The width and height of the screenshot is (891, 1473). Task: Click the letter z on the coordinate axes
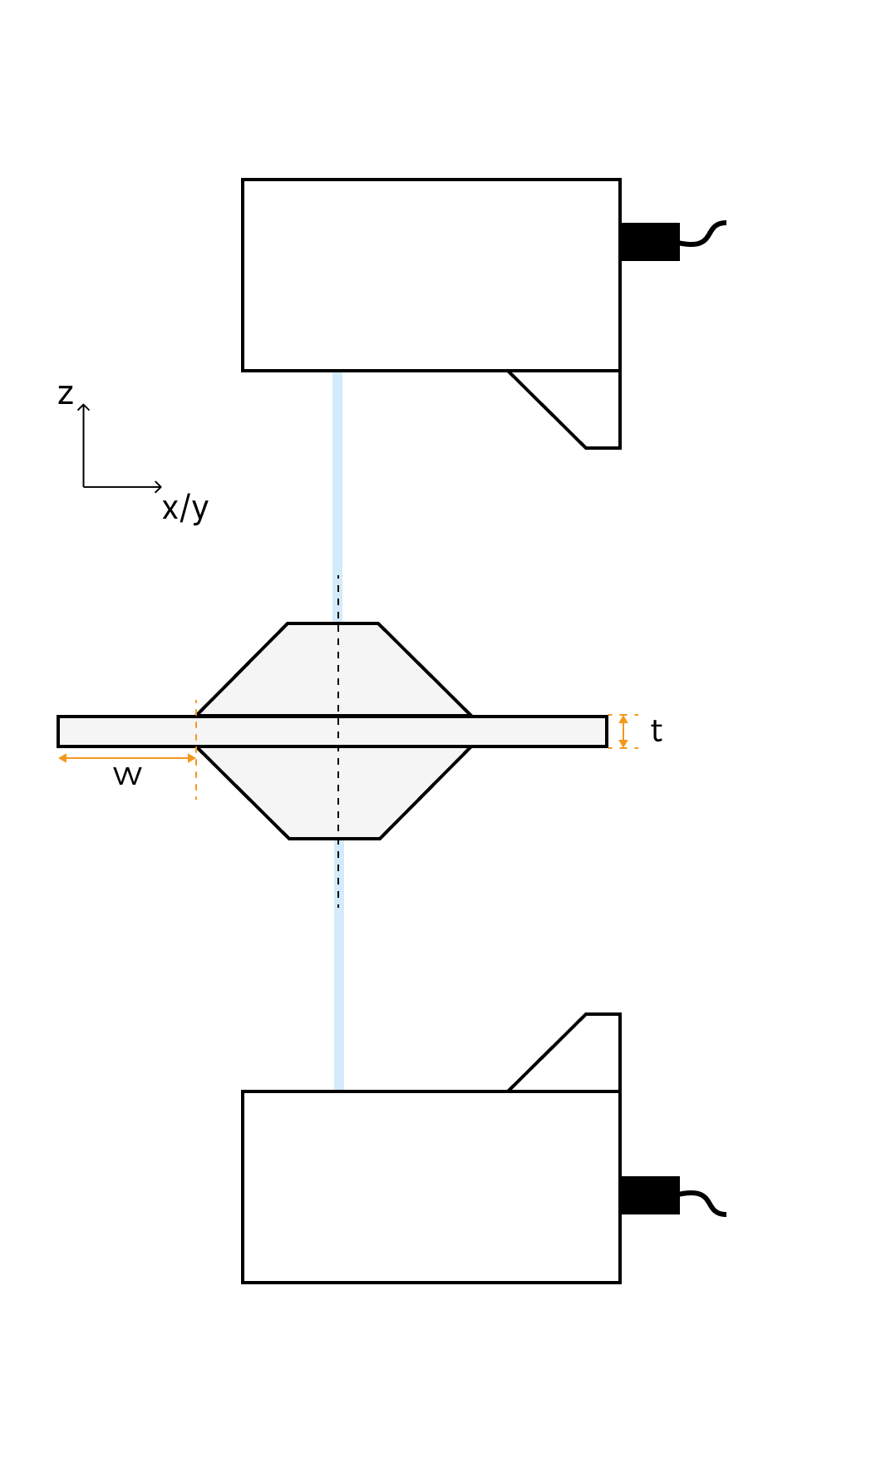(65, 394)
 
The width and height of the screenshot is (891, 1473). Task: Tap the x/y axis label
(185, 507)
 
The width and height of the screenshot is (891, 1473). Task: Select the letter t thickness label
(656, 732)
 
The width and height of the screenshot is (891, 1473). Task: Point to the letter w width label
(127, 776)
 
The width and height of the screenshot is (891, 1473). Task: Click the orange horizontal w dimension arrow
(126, 758)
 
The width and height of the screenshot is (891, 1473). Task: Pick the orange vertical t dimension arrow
(623, 732)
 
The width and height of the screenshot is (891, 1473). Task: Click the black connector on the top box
(650, 242)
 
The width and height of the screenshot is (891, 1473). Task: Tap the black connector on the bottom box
(650, 1195)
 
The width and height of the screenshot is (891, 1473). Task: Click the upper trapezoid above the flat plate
(333, 670)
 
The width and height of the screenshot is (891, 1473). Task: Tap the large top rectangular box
(431, 275)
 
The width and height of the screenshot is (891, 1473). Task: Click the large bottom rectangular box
(431, 1187)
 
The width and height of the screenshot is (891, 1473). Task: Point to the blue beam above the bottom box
(339, 998)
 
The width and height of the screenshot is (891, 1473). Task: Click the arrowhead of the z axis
(84, 406)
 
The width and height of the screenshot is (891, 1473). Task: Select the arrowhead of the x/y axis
(159, 487)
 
